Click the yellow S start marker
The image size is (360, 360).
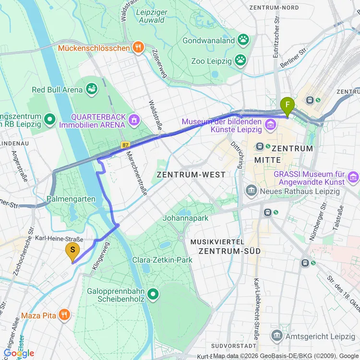click(x=72, y=250)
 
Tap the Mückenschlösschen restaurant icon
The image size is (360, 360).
click(x=138, y=47)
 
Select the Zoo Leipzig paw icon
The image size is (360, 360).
click(x=240, y=61)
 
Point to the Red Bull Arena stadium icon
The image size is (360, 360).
click(x=91, y=89)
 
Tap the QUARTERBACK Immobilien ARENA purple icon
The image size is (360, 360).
click(x=134, y=118)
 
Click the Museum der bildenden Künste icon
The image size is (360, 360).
click(x=270, y=126)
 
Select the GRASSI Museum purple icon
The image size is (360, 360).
click(x=354, y=177)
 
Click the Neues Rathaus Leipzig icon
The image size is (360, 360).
click(x=251, y=191)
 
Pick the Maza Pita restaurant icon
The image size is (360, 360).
click(x=64, y=315)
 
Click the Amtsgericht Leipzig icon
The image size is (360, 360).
click(x=277, y=336)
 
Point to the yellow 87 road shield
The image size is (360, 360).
click(x=125, y=144)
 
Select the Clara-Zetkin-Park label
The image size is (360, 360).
click(x=162, y=260)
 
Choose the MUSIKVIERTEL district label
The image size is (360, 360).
click(x=217, y=241)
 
